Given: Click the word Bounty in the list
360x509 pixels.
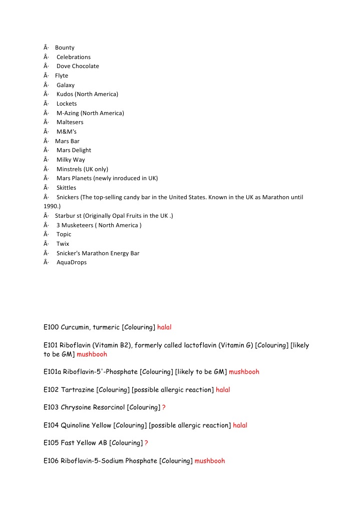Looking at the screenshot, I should pyautogui.click(x=65, y=48).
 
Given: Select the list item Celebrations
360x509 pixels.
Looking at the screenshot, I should pyautogui.click(x=74, y=57).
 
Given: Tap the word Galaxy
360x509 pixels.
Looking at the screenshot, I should pyautogui.click(x=66, y=85).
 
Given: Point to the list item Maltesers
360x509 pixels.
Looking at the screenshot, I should pyautogui.click(x=70, y=122).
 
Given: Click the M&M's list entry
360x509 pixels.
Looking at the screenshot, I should pyautogui.click(x=67, y=132).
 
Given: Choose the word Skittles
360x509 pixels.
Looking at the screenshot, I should pyautogui.click(x=67, y=188).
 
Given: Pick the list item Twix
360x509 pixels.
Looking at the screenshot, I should pyautogui.click(x=63, y=244).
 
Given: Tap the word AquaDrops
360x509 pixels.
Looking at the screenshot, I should pyautogui.click(x=72, y=262).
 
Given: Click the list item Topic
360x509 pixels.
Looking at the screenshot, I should pyautogui.click(x=64, y=234).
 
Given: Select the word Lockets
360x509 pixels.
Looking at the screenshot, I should pyautogui.click(x=67, y=104).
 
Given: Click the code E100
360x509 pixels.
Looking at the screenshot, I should pyautogui.click(x=51, y=327).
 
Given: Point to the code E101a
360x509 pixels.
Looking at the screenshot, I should pyautogui.click(x=53, y=372).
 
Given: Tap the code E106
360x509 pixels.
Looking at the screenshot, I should pyautogui.click(x=51, y=461).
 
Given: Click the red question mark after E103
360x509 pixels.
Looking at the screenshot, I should pyautogui.click(x=164, y=407).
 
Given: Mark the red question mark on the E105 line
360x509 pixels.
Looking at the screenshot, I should pyautogui.click(x=146, y=443).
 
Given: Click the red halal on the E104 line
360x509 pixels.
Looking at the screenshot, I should pyautogui.click(x=240, y=425).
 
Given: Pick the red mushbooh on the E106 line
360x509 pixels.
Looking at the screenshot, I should pyautogui.click(x=210, y=461).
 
